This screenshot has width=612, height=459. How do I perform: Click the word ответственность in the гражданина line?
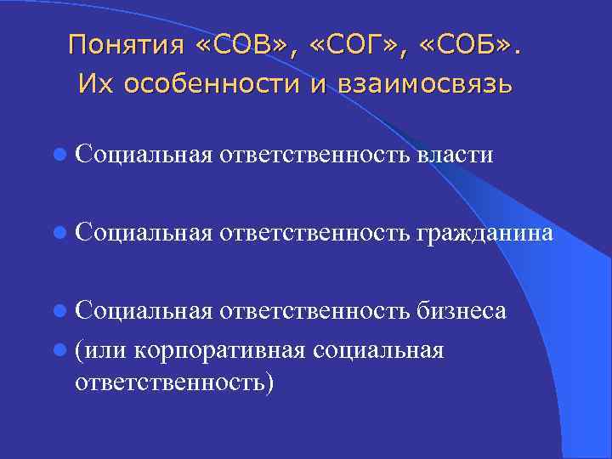coord(317,233)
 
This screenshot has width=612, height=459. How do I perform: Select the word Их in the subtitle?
coord(91,84)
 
